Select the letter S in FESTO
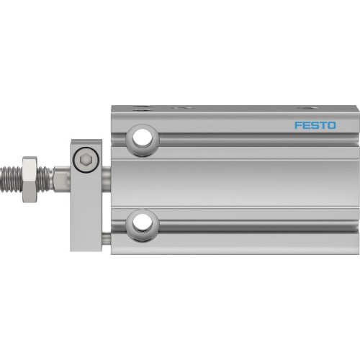coord(315,125)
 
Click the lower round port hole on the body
coord(141,220)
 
